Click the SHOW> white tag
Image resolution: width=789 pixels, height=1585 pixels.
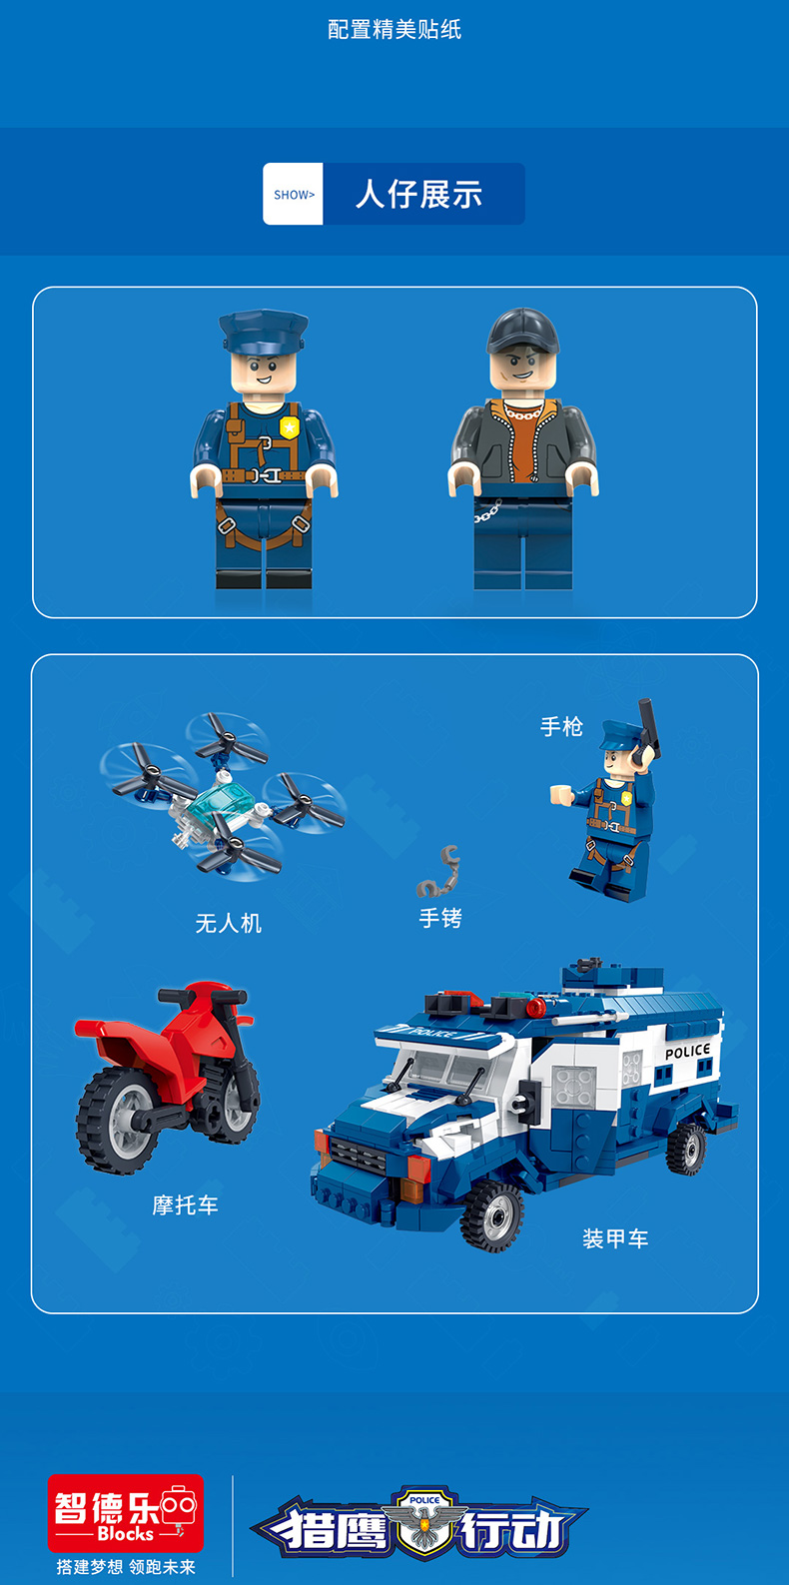[x=293, y=194]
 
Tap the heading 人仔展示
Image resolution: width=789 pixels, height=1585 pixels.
[x=418, y=194]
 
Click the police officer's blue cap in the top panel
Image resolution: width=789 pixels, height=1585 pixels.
[x=264, y=332]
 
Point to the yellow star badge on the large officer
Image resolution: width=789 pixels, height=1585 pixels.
[x=290, y=427]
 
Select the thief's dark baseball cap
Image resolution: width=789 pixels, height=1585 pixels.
[x=522, y=332]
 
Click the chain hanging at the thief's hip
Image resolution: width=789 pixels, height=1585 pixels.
[x=487, y=511]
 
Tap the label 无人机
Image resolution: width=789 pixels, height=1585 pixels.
[x=229, y=923]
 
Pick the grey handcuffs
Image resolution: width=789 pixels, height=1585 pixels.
[x=439, y=873]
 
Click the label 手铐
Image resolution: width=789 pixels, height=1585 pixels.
[x=440, y=918]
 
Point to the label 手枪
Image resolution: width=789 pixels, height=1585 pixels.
[x=561, y=726]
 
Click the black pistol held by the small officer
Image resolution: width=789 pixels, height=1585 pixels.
[x=647, y=730]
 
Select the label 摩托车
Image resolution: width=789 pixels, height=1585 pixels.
[x=185, y=1205]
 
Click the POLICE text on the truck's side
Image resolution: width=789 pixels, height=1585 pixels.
[x=688, y=1051]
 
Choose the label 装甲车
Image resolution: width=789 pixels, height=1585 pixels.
[x=615, y=1238]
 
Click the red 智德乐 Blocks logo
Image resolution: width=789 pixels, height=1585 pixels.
[x=126, y=1513]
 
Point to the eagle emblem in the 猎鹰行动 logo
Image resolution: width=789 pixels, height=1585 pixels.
[x=424, y=1521]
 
